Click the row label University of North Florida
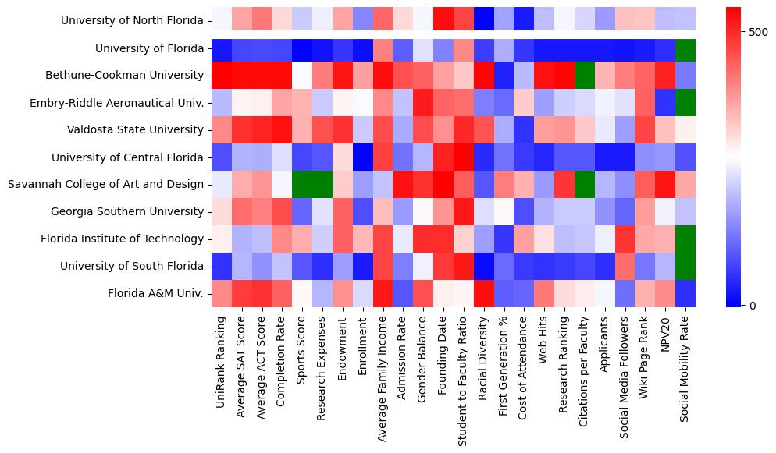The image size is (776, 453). coord(132,21)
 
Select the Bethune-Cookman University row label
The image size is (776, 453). coord(127,76)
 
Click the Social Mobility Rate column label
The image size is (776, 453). coord(685,367)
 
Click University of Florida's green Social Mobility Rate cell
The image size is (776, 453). coord(685,48)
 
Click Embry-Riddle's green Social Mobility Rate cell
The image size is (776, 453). coord(685,103)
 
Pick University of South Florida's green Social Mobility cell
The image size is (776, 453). coord(685,267)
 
